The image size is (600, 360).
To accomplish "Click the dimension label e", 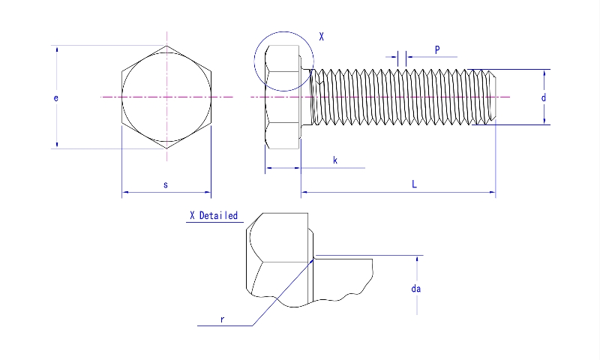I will coord(56,97).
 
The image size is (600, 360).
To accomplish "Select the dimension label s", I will coord(165,184).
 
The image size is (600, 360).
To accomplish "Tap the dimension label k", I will coord(334,160).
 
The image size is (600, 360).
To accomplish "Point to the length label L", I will coord(414,184).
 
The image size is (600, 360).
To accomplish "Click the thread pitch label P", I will coord(437,49).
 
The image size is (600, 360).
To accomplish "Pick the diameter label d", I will coord(543,97).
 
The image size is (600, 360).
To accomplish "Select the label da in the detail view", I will coord(415,288).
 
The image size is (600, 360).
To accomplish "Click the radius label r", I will coord(223,319).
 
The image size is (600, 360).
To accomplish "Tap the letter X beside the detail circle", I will coord(322,36).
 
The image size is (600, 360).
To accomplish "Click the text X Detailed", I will coord(214,216).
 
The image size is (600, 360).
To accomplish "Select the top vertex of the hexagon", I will coord(166,46).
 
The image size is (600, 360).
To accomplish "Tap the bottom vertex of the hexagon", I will coord(166,148).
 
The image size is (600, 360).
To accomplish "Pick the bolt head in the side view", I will coord(283,97).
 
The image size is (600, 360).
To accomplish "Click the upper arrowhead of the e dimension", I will coord(57,49).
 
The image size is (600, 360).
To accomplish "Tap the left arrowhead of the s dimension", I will coord(125,193).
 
